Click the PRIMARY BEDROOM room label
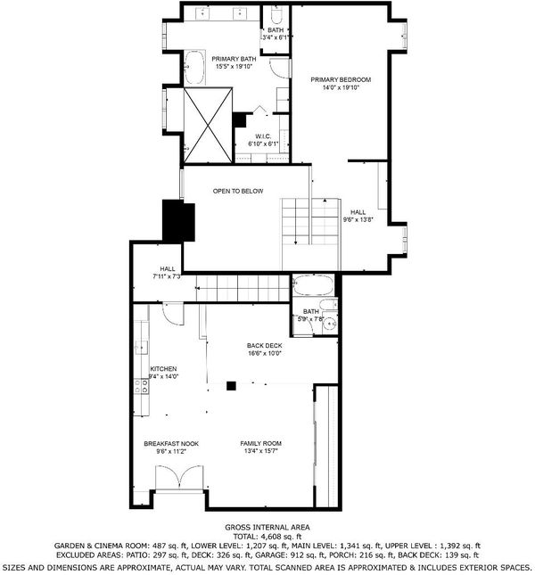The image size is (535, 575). tap(341, 79)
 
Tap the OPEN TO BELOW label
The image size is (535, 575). tap(238, 191)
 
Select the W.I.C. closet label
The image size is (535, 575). tap(263, 136)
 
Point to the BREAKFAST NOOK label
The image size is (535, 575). tap(171, 444)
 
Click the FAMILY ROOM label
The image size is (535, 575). tap(260, 443)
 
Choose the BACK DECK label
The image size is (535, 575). tap(265, 345)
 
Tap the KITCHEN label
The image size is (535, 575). tap(163, 369)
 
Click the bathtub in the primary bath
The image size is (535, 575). tap(194, 68)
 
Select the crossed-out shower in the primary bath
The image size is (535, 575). tap(208, 125)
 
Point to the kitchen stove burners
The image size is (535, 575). tap(142, 386)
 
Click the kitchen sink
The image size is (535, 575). tap(141, 348)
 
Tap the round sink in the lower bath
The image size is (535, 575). tap(331, 324)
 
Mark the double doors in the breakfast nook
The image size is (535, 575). tap(179, 478)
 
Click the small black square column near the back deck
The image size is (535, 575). tap(231, 386)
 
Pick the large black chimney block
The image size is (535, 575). tap(178, 220)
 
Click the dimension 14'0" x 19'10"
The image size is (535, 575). tap(341, 87)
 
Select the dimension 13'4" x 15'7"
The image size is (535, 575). tap(260, 451)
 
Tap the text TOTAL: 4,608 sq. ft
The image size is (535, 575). tap(267, 537)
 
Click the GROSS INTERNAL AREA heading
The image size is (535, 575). tap(267, 528)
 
